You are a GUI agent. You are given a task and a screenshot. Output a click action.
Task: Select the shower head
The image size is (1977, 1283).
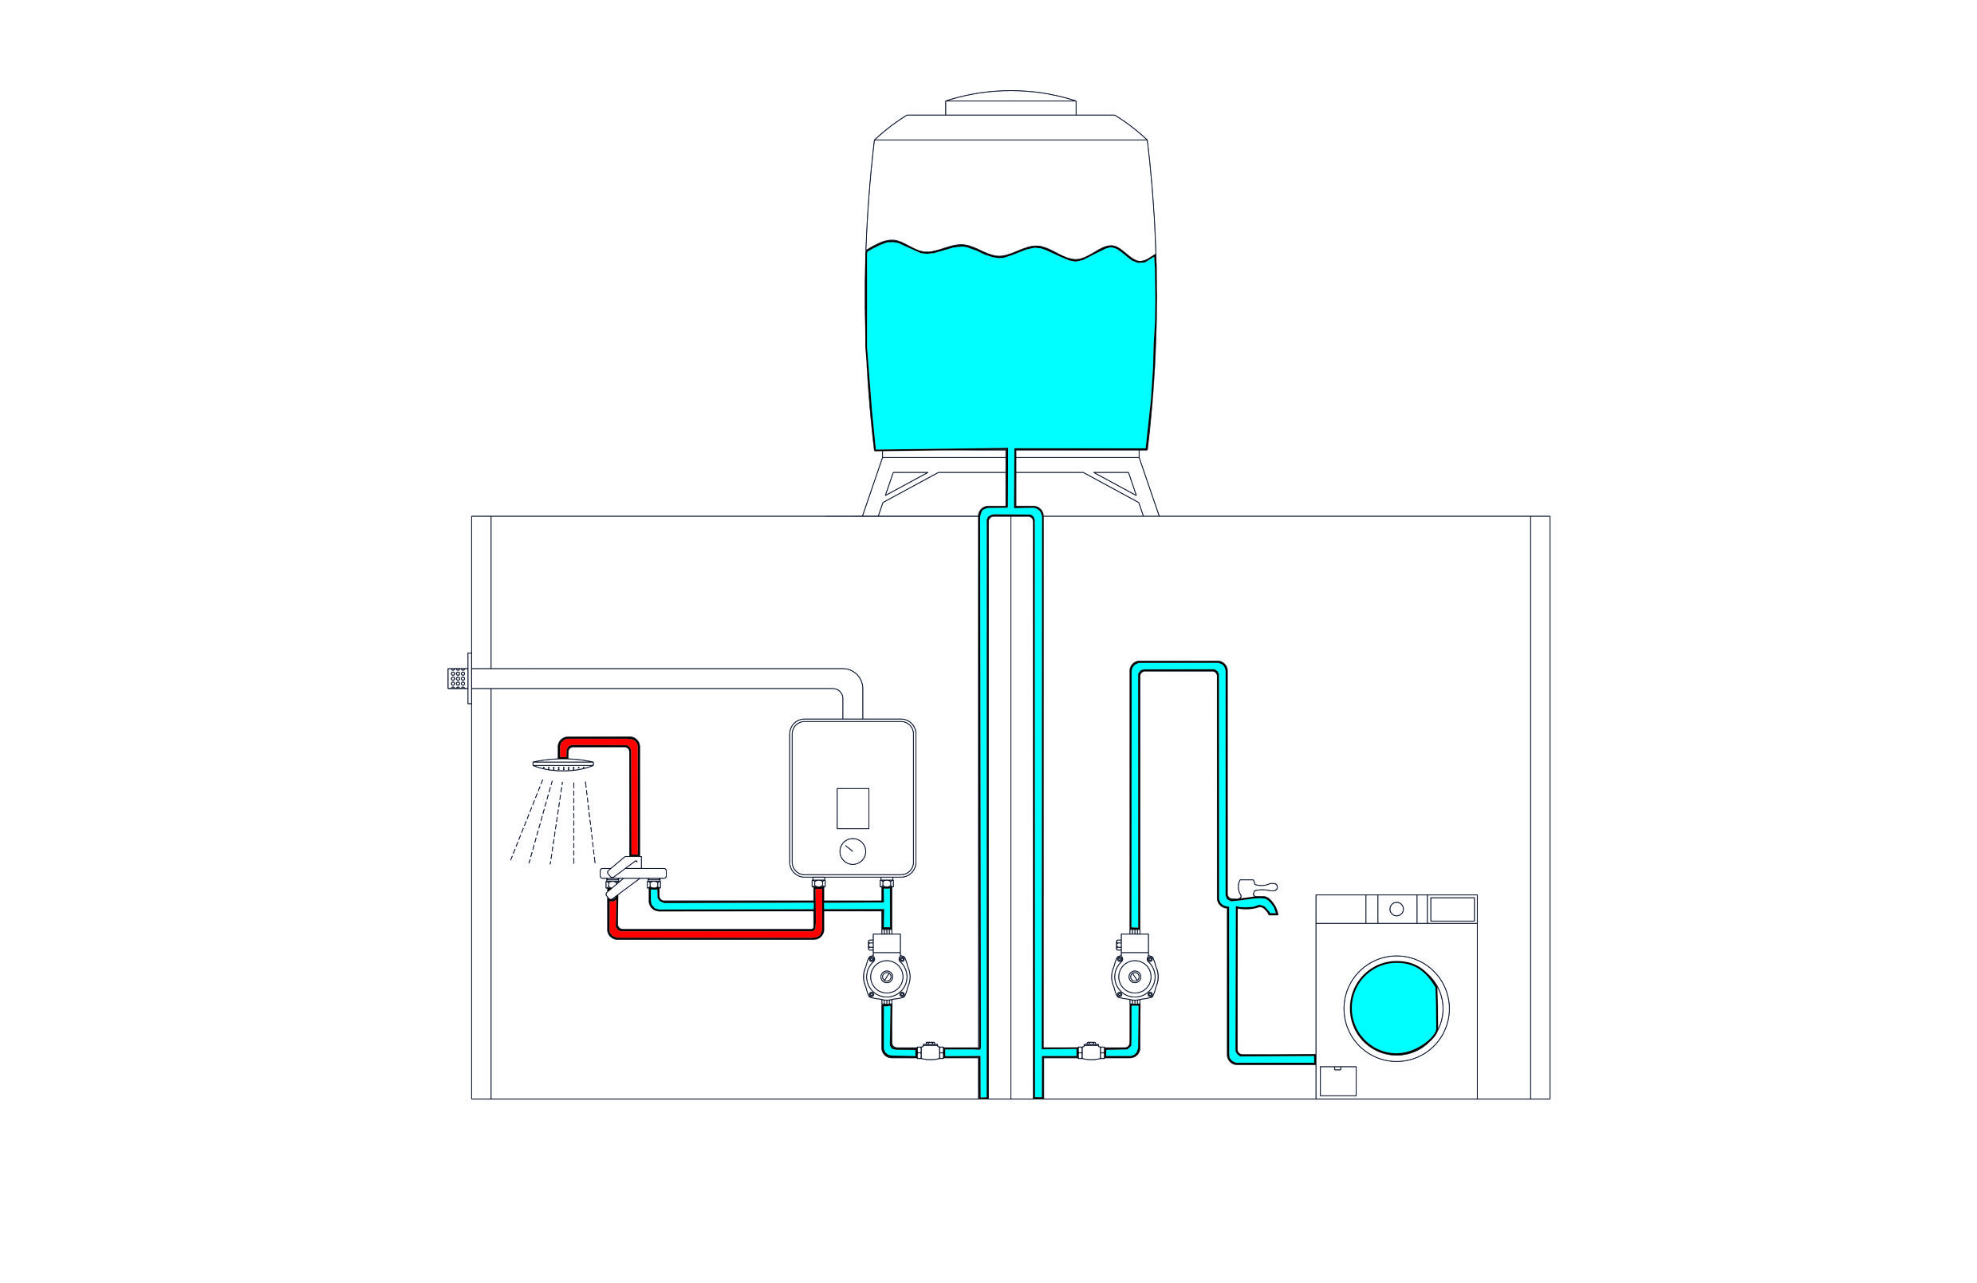coord(563,764)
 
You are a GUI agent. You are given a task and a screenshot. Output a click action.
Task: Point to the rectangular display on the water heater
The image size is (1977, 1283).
coord(853,807)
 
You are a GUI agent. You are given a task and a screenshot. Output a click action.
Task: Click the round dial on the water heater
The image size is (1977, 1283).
coord(853,851)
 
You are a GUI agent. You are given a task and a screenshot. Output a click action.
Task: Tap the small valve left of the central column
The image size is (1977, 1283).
coord(931,1051)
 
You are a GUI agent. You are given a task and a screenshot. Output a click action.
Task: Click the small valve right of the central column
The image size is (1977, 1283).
coord(1091,1051)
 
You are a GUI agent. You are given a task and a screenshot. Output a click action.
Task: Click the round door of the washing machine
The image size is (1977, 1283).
coord(1396,1008)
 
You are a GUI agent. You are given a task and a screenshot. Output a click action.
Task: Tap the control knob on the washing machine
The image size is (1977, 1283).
coord(1396,909)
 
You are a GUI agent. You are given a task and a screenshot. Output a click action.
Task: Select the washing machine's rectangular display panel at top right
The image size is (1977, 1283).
coord(1451,909)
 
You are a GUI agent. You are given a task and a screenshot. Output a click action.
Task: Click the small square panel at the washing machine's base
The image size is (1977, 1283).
coord(1337,1081)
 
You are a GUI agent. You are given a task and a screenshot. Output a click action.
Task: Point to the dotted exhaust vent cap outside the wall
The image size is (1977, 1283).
coord(457,678)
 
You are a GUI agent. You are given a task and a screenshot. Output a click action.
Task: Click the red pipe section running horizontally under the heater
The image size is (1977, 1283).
coord(715,934)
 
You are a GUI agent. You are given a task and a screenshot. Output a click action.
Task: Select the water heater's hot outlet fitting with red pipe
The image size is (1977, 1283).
coord(818,883)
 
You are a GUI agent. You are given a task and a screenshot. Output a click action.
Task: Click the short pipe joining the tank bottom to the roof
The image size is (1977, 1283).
coord(1011,478)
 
